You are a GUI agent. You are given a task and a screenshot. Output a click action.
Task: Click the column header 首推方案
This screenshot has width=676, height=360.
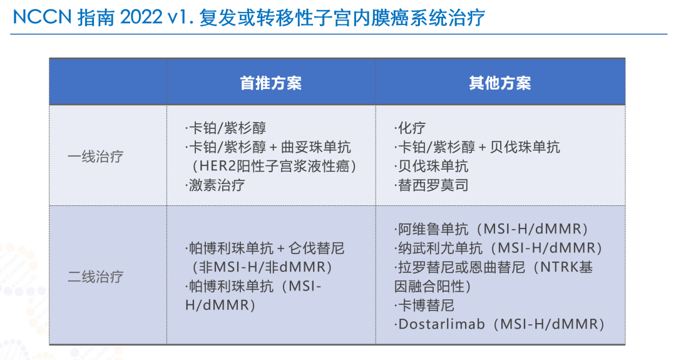tap(271, 83)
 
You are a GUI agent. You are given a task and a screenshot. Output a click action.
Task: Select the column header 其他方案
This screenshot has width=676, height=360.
tap(500, 83)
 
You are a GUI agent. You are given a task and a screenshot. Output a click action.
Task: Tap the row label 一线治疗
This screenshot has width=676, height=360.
tap(95, 156)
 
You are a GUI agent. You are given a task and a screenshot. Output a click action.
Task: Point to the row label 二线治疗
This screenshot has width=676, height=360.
tap(95, 276)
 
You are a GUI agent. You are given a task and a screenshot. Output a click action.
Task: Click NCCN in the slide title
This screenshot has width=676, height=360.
tap(41, 18)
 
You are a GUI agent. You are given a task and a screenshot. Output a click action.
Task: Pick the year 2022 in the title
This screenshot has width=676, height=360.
tap(141, 18)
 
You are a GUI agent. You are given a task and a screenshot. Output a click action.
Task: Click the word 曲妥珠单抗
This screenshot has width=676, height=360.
tap(316, 147)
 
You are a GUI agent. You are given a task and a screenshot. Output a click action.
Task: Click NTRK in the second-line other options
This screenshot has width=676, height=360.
tap(560, 267)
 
